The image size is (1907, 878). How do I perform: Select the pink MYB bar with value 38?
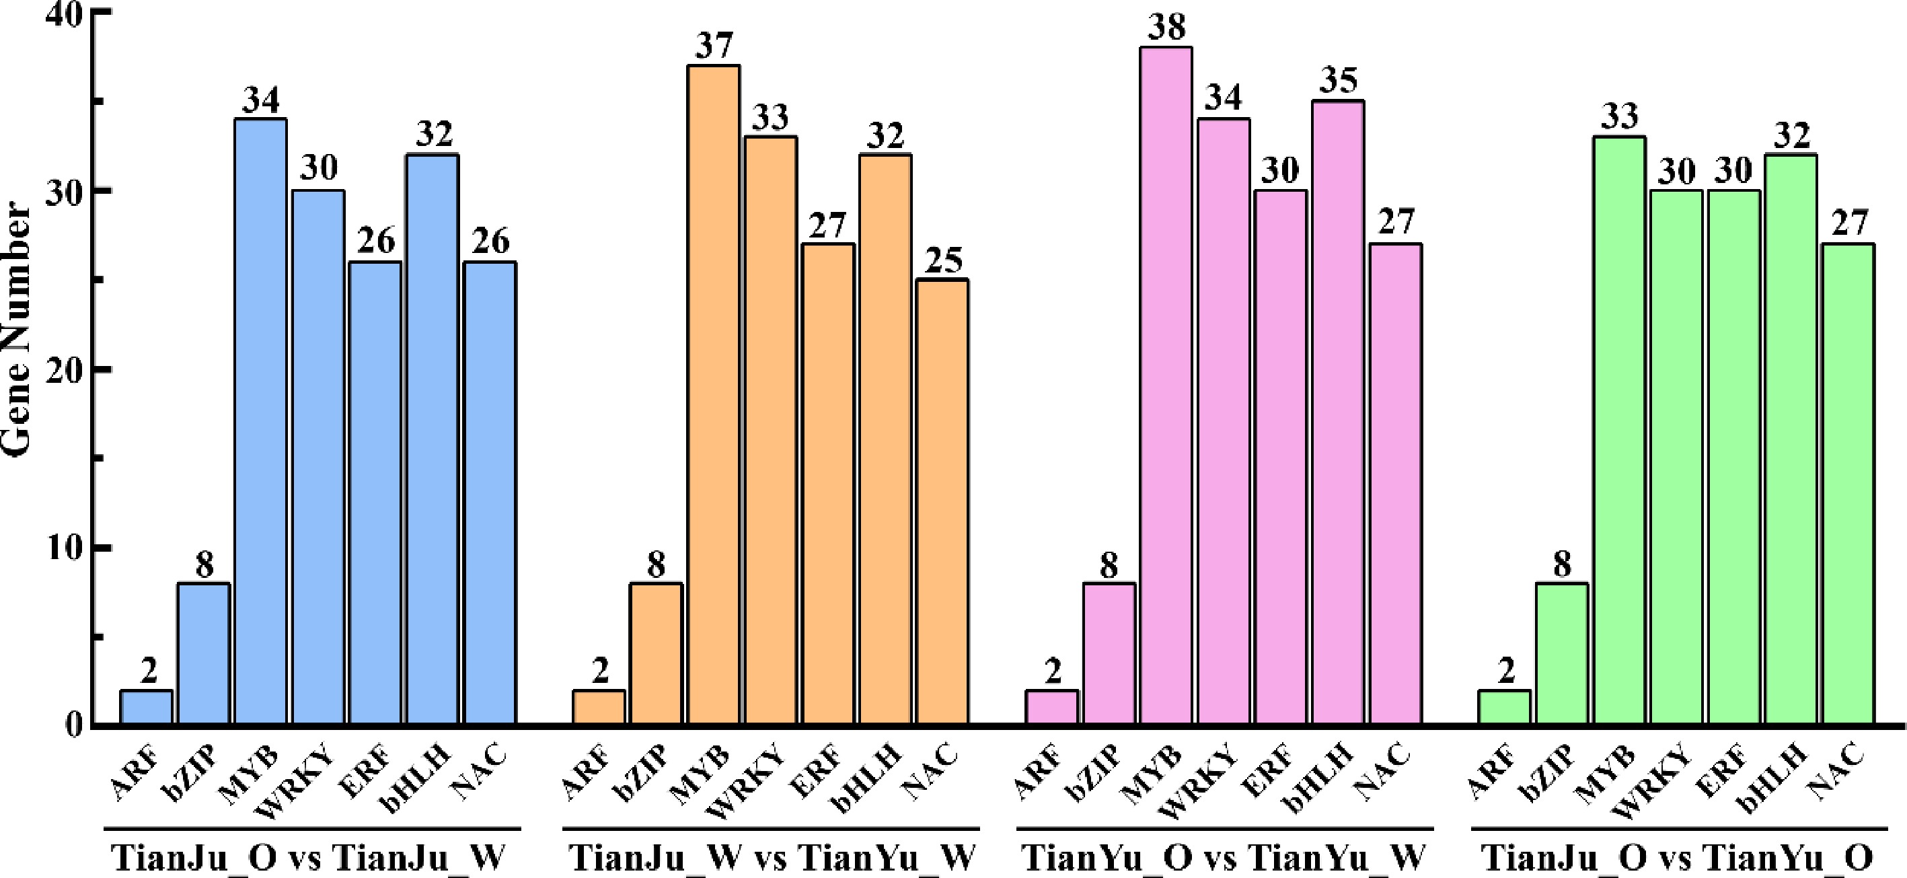pyautogui.click(x=1166, y=385)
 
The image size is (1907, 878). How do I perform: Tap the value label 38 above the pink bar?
pyautogui.click(x=1166, y=28)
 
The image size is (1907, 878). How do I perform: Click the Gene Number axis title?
pyautogui.click(x=16, y=330)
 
